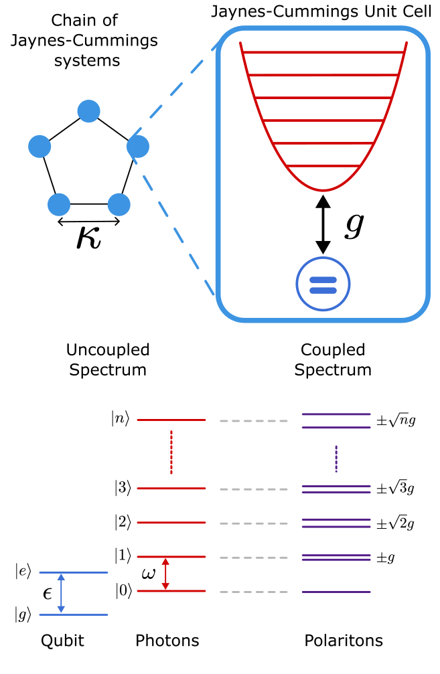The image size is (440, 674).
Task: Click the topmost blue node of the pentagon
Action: point(89,110)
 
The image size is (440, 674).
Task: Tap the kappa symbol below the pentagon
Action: point(88,239)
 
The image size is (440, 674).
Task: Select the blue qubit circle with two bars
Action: point(323,284)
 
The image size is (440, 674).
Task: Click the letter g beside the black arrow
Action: point(354,226)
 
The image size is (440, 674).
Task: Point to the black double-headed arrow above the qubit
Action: point(323,224)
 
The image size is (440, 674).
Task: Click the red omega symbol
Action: point(149,575)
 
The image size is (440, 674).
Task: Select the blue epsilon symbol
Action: point(48,594)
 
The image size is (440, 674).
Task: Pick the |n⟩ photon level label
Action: point(122,420)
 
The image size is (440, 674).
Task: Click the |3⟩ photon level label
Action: point(123,489)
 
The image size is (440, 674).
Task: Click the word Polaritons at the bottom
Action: point(344,641)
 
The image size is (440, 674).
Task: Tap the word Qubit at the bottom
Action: point(62,641)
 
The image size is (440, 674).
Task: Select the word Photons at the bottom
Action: point(167,641)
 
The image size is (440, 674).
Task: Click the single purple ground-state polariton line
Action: point(336,592)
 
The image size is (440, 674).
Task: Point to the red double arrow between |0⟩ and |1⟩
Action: point(166,574)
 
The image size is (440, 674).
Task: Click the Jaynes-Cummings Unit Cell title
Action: point(326,11)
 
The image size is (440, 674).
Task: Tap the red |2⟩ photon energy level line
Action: point(171,523)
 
